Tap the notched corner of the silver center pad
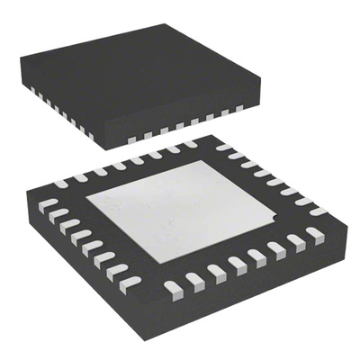point(274,216)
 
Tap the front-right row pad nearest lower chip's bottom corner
point(174,287)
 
